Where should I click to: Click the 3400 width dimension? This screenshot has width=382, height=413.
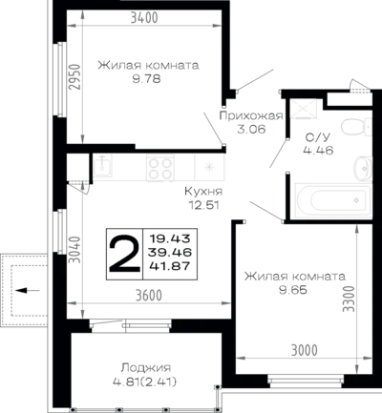pos(144,18)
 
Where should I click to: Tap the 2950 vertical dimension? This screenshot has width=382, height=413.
pos(74,77)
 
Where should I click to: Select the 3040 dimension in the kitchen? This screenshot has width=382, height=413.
pos(74,249)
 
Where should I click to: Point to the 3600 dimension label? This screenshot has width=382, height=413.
pos(149,296)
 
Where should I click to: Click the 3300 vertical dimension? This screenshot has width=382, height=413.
pos(349,299)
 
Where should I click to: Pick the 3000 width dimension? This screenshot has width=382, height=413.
pos(305,350)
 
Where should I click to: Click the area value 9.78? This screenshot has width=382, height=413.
pos(147,78)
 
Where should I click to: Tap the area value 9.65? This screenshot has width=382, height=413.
pos(293,290)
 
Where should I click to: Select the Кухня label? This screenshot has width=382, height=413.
pos(203,192)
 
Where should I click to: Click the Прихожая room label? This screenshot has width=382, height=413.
pos(251,115)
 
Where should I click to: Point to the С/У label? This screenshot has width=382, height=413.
pos(318,137)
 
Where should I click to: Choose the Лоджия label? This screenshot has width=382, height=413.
pos(146,368)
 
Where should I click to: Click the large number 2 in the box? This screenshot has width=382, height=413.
pos(124,254)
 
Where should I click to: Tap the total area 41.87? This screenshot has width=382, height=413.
pos(170,266)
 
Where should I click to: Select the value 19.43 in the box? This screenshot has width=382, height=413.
pos(170,238)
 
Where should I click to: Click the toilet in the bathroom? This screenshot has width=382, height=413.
pos(356,127)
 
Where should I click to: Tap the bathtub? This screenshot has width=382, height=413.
pos(333,200)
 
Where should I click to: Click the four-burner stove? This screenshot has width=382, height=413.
pos(160,168)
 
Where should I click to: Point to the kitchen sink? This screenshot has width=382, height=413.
pos(103,166)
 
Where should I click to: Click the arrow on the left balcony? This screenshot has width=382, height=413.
pos(27,290)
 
